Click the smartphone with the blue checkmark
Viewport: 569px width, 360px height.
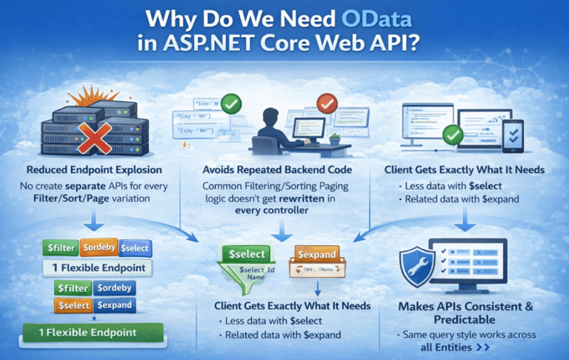tap(512, 135)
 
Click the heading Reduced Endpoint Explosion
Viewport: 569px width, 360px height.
tap(95, 170)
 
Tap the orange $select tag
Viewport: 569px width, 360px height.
tap(73, 305)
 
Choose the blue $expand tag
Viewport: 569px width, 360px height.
tap(114, 305)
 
